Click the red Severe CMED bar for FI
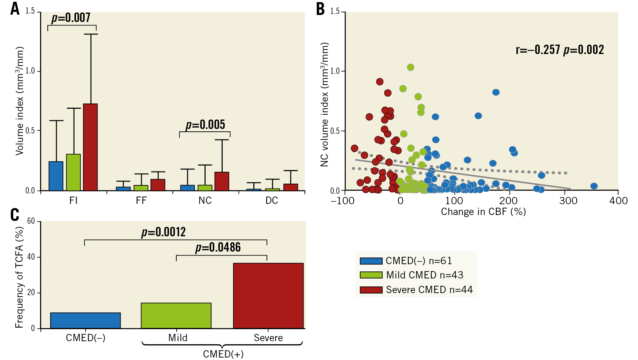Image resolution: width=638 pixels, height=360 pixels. coord(90,147)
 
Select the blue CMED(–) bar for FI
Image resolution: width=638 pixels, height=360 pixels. coord(56,176)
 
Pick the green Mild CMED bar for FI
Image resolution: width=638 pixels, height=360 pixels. coord(73,172)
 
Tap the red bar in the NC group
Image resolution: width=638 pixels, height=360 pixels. coord(222,181)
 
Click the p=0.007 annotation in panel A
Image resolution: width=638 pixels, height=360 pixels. coord(71,18)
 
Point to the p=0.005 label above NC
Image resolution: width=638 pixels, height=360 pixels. coord(205,125)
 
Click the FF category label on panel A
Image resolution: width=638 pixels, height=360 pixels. coord(141,201)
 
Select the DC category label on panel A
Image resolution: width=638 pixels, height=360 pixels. coord(272,201)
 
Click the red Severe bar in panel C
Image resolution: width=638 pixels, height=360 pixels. coord(268,296)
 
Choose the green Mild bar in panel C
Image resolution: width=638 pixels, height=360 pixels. coord(176,315)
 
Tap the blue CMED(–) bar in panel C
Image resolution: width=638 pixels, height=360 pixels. coord(85,320)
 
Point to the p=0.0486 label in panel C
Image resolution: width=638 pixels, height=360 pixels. coord(218,247)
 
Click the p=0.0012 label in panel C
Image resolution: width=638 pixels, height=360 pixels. coord(163,232)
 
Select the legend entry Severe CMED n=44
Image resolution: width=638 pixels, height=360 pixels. coord(416,290)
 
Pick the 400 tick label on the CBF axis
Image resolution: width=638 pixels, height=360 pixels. coord(618,201)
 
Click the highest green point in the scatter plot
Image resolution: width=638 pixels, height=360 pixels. coord(410,67)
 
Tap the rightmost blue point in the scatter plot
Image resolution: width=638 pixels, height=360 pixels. coord(594,186)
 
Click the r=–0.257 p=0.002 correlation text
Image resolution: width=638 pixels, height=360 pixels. coord(560,50)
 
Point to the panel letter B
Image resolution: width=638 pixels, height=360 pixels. coord(320,9)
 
